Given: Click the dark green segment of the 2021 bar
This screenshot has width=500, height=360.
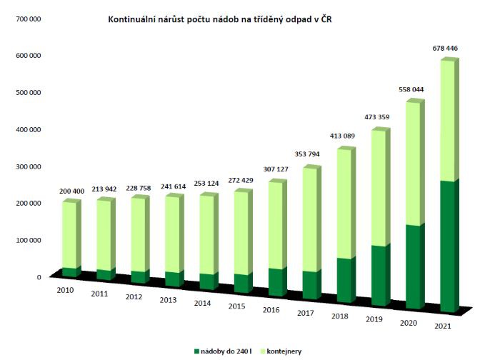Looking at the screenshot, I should click(449, 246).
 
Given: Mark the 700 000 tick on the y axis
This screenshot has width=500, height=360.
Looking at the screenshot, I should click(26, 18).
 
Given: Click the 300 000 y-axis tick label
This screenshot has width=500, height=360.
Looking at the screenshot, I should click(26, 166).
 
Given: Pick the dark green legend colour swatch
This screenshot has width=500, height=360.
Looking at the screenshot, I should click(196, 351).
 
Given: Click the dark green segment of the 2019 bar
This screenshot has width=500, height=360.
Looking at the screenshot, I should click(381, 275).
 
